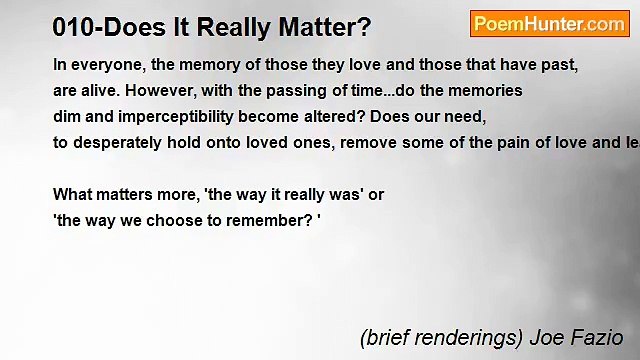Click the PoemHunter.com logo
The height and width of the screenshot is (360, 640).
point(548,24)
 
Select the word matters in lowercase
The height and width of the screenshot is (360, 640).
point(125,195)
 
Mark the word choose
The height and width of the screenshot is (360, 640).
point(174,221)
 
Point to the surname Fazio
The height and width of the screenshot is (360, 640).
point(599,338)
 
